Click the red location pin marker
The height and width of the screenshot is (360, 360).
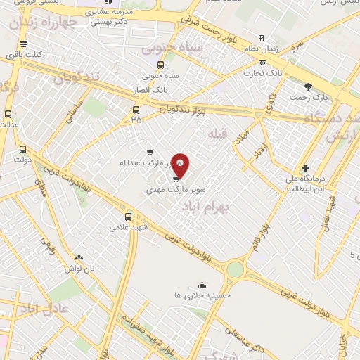click(180, 165)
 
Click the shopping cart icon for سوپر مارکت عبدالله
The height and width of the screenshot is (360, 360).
click(149, 152)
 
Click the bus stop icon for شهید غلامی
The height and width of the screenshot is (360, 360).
click(128, 217)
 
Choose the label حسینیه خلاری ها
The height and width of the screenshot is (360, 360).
click(202, 295)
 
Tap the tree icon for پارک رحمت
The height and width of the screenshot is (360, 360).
click(308, 86)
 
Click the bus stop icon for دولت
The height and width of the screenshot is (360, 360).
click(23, 149)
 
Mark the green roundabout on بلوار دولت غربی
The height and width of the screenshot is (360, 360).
click(235, 269)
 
